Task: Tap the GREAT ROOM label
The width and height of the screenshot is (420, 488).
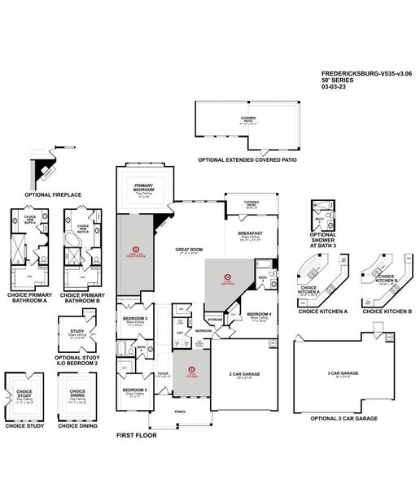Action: [x=188, y=250]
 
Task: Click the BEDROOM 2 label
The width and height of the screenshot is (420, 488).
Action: [x=134, y=318]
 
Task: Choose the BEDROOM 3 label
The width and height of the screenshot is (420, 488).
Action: [x=134, y=390]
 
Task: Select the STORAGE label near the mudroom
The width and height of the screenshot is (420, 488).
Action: [x=215, y=320]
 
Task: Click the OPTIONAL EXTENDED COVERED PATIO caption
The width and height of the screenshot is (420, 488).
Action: [x=243, y=160]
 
